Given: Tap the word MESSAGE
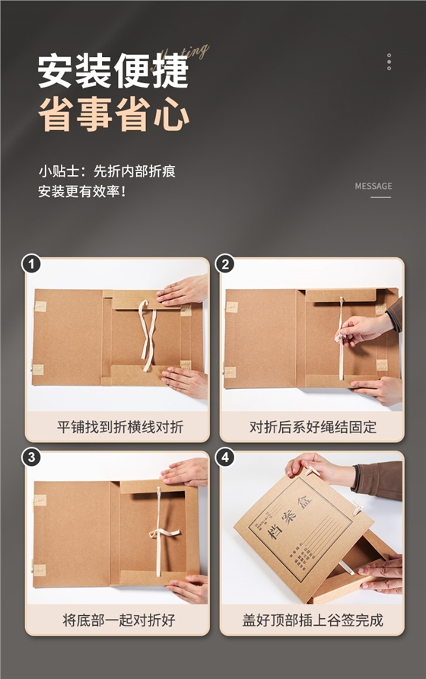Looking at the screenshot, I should [374, 186].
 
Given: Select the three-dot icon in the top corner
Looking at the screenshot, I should [389, 62].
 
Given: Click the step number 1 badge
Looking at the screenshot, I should [31, 264].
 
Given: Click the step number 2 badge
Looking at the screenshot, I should [225, 264].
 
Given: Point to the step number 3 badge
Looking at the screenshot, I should [31, 457].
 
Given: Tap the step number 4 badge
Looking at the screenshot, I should [225, 457].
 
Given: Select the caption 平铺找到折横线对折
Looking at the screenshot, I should [120, 426].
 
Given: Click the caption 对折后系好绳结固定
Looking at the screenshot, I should [312, 426].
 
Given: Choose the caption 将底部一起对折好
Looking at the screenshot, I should [120, 620].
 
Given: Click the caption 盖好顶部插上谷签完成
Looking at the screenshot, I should [312, 620].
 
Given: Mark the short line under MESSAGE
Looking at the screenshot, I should [380, 198].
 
